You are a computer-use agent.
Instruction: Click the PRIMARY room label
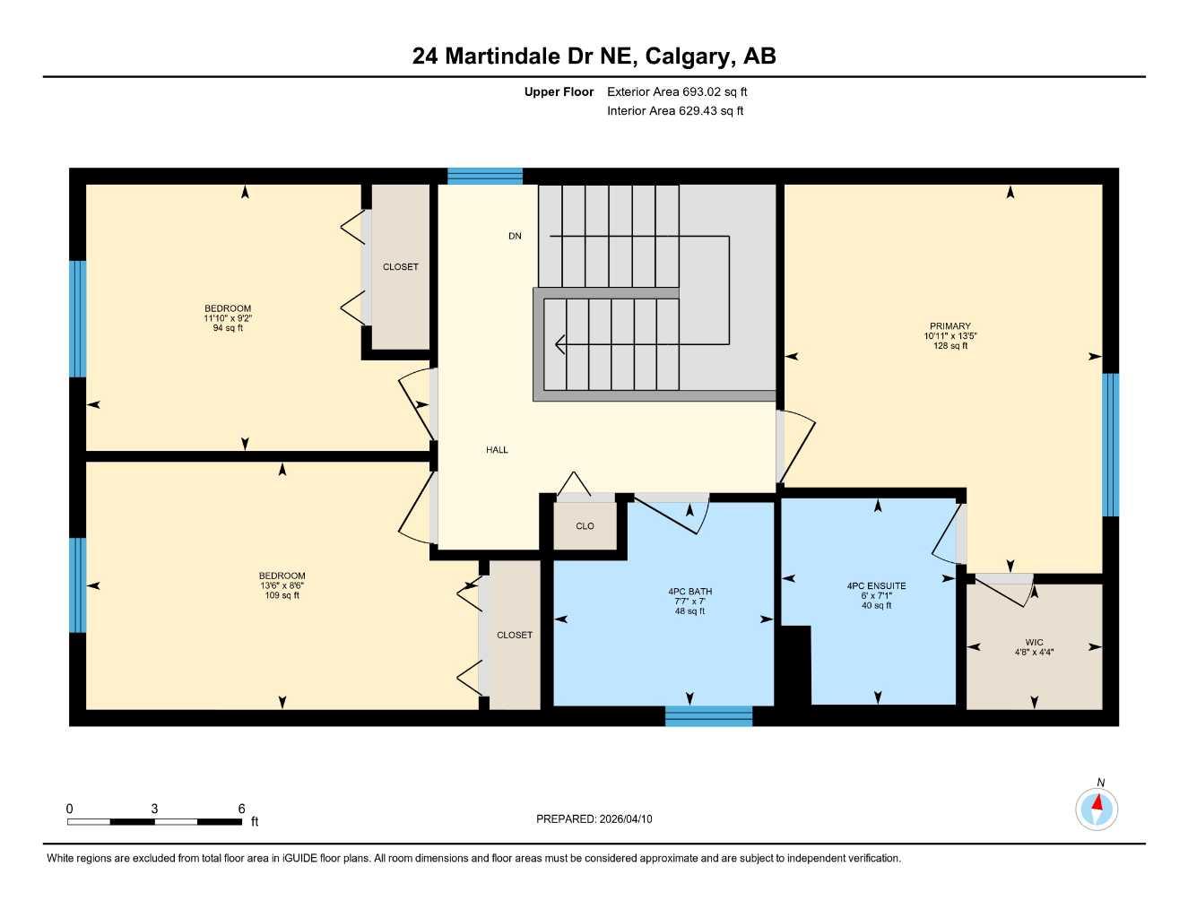pyautogui.click(x=950, y=326)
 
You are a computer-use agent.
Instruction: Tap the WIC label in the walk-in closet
pyautogui.click(x=1034, y=642)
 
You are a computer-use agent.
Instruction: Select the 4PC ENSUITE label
pyautogui.click(x=876, y=586)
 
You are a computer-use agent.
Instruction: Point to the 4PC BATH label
pyautogui.click(x=689, y=592)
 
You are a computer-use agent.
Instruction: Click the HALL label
pyautogui.click(x=497, y=450)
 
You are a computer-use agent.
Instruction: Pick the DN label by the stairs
pyautogui.click(x=515, y=236)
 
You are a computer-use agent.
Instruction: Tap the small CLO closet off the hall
pyautogui.click(x=585, y=526)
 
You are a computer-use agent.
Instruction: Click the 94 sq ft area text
pyautogui.click(x=228, y=328)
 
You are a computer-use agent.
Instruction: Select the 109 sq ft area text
pyautogui.click(x=282, y=595)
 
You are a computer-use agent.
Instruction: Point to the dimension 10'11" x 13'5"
pyautogui.click(x=950, y=336)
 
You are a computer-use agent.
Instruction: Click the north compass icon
pyautogui.click(x=1096, y=809)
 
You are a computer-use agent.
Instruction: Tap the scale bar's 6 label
pyautogui.click(x=241, y=809)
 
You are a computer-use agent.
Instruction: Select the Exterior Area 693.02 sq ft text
pyautogui.click(x=676, y=91)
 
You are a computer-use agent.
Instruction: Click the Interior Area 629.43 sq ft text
pyautogui.click(x=675, y=111)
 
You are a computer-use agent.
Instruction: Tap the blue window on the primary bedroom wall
pyautogui.click(x=1110, y=445)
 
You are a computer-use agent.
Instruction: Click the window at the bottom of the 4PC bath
pyautogui.click(x=708, y=715)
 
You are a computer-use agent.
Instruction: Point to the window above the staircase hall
pyautogui.click(x=484, y=176)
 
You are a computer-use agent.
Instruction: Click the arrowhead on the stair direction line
pyautogui.click(x=560, y=342)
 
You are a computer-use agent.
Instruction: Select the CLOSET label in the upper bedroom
pyautogui.click(x=400, y=267)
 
